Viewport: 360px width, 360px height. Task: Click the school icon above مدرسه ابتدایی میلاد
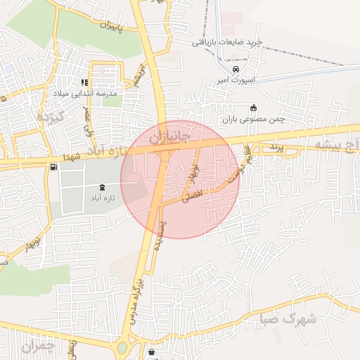click(x=85, y=82)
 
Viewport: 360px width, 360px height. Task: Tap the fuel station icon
click(x=54, y=167)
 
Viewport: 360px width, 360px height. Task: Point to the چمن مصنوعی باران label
click(x=254, y=119)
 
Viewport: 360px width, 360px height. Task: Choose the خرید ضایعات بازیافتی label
click(x=227, y=41)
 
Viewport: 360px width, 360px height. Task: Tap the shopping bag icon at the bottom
click(x=153, y=352)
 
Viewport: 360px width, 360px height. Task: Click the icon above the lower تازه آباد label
click(x=103, y=187)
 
